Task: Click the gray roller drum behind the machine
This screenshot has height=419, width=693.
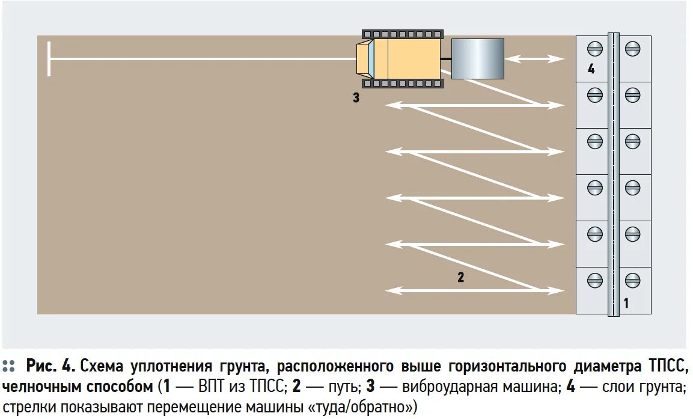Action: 477,59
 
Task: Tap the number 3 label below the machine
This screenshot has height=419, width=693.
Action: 356,98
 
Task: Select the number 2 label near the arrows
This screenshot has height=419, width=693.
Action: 460,278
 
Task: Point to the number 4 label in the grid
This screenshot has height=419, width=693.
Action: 591,69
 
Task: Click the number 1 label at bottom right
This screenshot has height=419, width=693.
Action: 626,304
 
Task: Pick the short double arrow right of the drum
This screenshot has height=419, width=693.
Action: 534,59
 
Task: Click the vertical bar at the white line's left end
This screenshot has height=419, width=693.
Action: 49,59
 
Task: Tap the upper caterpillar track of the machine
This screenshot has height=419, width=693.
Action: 402,34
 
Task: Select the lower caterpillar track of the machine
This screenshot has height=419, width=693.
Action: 402,84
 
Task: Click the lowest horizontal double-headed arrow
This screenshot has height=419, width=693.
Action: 475,291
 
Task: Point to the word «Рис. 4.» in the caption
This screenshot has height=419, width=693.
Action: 50,366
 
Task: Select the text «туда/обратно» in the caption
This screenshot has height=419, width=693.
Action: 361,407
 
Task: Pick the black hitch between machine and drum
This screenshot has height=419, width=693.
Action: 445,59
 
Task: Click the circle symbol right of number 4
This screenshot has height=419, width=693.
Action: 632,48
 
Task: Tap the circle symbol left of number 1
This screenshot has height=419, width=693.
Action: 594,280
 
